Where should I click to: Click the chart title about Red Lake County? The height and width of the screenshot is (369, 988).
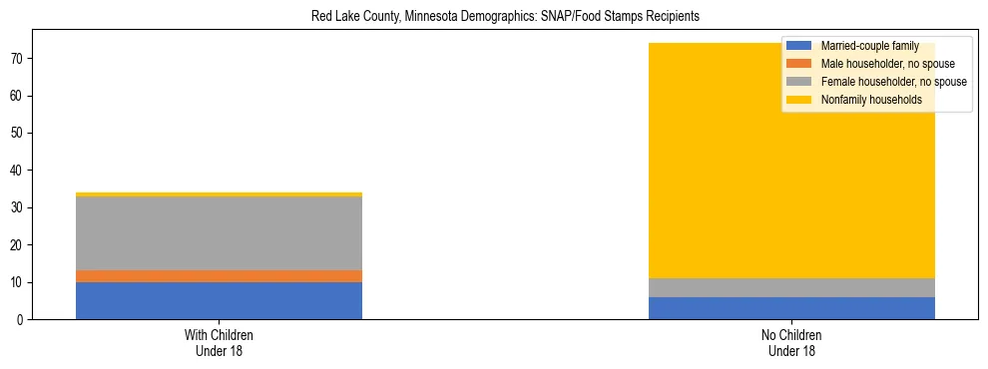coord(504,16)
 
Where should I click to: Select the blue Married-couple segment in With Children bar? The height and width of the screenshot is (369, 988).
coord(219,300)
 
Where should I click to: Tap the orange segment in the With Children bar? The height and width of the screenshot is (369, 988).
coord(219,276)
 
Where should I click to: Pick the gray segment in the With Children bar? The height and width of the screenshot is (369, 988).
coord(219,233)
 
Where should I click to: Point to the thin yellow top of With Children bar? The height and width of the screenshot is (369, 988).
coord(219,194)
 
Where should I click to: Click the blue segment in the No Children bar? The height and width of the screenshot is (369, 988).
coord(791,308)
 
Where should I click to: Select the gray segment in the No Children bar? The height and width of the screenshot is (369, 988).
coord(791,287)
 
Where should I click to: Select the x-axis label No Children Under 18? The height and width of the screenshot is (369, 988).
coord(791,343)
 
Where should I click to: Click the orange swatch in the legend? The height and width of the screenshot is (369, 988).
coord(799,64)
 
